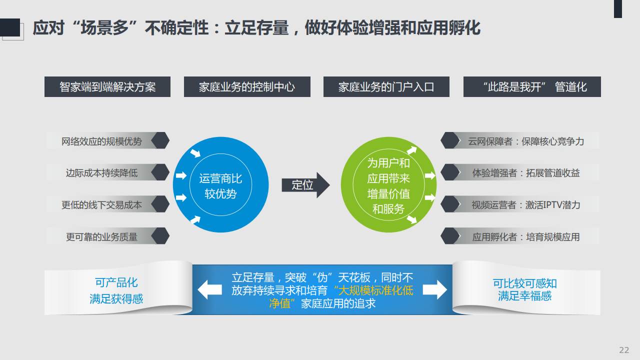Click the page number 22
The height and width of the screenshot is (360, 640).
tap(624, 350)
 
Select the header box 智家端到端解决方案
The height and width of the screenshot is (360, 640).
tap(107, 86)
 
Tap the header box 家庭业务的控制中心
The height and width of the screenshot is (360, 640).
tap(247, 86)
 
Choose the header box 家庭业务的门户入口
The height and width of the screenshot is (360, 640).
tap(386, 86)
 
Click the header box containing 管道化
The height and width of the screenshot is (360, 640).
tap(532, 86)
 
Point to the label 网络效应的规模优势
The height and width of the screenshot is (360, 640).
tap(101, 141)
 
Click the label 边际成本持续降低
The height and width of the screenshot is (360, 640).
tap(101, 173)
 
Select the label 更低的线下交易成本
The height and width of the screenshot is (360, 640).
tap(101, 205)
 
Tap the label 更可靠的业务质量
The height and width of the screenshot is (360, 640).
tap(101, 237)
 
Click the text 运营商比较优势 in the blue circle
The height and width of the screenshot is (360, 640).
tap(220, 186)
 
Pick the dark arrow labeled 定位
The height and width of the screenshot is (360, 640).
tap(305, 185)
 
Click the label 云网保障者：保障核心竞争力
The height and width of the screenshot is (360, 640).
tap(525, 141)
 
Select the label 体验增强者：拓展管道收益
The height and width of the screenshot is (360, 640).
tap(525, 173)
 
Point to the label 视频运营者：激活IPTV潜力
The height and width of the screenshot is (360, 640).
tap(525, 205)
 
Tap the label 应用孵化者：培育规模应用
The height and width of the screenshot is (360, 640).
tap(525, 237)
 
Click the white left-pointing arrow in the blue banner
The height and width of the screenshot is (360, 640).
tap(209, 289)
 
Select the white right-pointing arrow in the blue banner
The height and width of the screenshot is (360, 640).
tap(435, 289)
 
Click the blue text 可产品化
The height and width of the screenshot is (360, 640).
tap(116, 282)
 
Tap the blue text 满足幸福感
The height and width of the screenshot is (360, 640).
tap(524, 296)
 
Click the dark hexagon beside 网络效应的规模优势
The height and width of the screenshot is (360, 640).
tap(160, 140)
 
